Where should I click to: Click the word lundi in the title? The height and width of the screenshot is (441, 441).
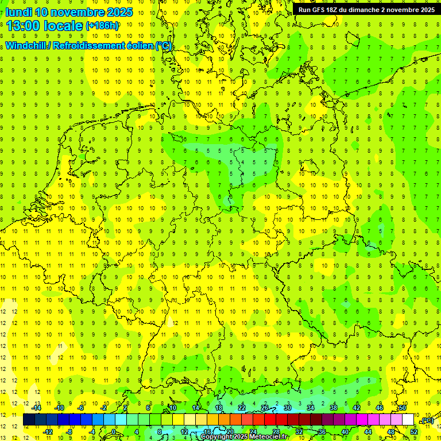point(18,12)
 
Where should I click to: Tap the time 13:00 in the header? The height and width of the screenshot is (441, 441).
point(22,25)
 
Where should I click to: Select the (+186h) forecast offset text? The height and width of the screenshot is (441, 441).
point(102,25)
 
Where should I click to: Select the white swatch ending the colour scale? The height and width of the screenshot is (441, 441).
point(408,420)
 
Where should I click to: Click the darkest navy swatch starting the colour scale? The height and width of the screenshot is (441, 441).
point(29,420)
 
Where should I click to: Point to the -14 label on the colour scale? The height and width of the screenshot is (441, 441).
point(36,408)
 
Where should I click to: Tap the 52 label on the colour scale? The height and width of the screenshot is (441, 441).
point(414,432)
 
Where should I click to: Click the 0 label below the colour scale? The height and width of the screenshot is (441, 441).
point(114,432)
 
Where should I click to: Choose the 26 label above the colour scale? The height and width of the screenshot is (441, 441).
point(265,408)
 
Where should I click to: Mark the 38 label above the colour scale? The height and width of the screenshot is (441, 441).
point(334,408)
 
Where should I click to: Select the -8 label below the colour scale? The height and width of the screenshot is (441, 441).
point(69,432)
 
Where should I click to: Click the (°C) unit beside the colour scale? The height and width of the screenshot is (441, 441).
point(427,420)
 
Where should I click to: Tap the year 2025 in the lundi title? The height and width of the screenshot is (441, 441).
point(119,12)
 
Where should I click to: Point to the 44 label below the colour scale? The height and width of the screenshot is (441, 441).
point(368,432)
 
